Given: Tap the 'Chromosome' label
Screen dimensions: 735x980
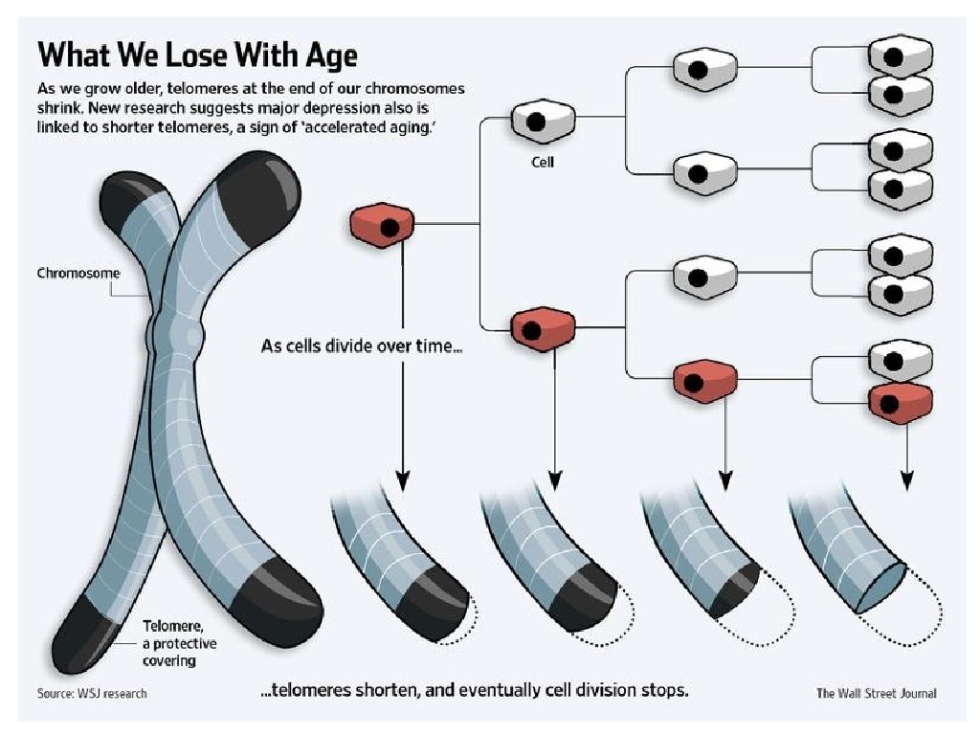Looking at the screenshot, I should [x=78, y=273].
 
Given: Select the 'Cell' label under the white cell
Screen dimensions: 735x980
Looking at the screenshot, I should [x=543, y=162].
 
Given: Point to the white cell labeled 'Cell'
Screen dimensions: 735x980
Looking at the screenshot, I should [x=543, y=121].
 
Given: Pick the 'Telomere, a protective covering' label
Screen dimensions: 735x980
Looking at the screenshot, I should [x=180, y=641].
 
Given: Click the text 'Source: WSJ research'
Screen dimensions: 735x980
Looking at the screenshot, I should [x=92, y=693].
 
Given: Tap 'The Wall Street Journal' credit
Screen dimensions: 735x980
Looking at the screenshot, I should [x=876, y=693].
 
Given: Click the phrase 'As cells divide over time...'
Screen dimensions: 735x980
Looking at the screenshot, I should [x=362, y=345].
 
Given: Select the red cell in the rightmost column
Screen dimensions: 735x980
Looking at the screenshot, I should [x=900, y=403].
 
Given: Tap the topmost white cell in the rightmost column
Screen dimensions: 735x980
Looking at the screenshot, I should [x=900, y=56].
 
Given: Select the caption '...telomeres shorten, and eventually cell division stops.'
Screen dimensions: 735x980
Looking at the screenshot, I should [x=475, y=691].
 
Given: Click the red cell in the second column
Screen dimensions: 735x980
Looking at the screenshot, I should [x=543, y=329].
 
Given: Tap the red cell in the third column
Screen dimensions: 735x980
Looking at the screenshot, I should [x=705, y=381].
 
